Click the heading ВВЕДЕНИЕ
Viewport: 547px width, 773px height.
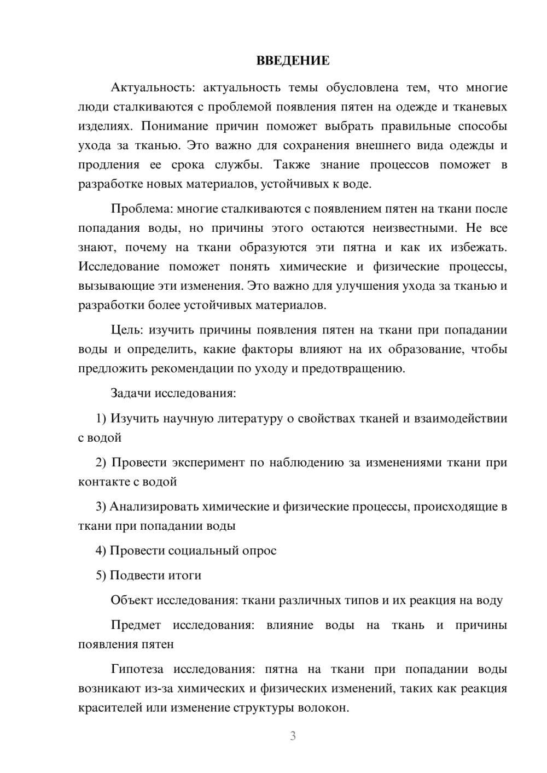click(293, 61)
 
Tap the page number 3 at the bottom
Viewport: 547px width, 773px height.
click(293, 736)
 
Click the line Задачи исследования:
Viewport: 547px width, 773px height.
click(173, 393)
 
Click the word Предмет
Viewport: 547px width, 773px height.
click(136, 625)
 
